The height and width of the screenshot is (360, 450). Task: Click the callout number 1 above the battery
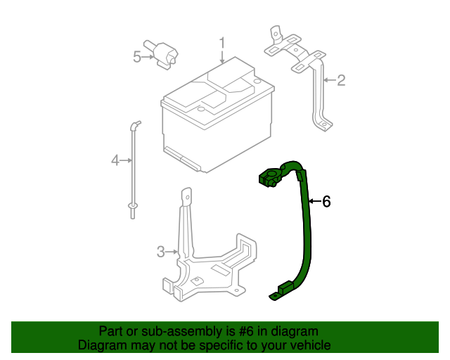[x=221, y=44]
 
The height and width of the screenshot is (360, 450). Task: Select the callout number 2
[x=341, y=81]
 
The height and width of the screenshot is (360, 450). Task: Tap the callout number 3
[x=160, y=252]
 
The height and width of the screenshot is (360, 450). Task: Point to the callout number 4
[x=115, y=161]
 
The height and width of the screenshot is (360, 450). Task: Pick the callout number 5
[x=137, y=57]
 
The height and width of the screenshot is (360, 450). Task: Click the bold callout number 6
[x=326, y=202]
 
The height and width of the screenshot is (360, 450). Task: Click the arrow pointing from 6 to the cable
[x=314, y=202]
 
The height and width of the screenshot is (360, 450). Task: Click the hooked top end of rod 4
[x=133, y=126]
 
